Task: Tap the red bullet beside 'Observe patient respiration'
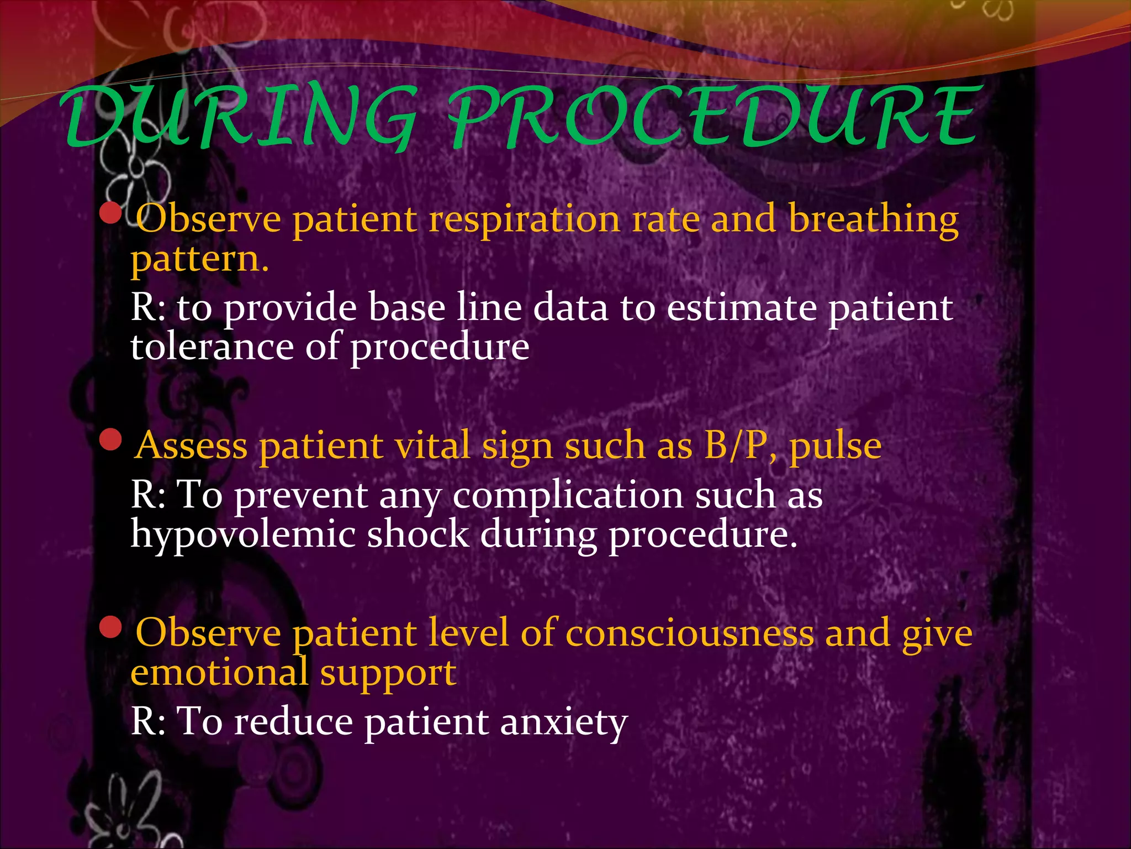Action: pyautogui.click(x=111, y=213)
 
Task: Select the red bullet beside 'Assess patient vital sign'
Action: pyautogui.click(x=111, y=440)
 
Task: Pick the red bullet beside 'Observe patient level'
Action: pyautogui.click(x=111, y=627)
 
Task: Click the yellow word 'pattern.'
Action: pyautogui.click(x=199, y=260)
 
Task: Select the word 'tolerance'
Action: pyautogui.click(x=212, y=348)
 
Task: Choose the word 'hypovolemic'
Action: pyautogui.click(x=242, y=536)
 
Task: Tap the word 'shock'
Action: pyautogui.click(x=418, y=534)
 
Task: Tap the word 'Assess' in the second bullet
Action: pyautogui.click(x=191, y=447)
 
